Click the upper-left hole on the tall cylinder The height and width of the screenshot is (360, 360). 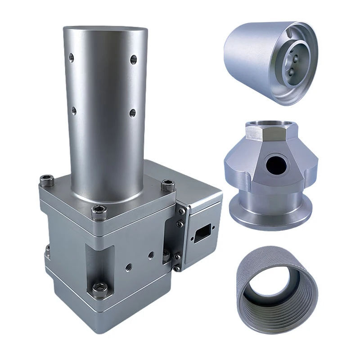point(71,57)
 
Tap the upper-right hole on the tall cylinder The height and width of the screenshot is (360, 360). point(133,59)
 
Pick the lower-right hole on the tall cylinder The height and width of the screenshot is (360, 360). point(133,113)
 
